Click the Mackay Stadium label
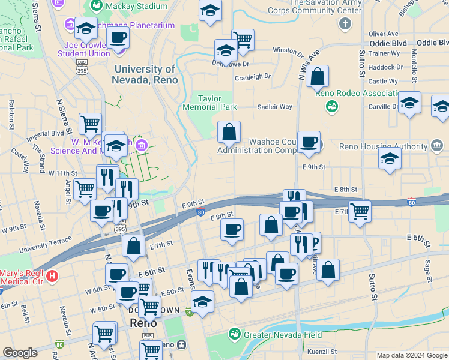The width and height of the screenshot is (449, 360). pos(136,7)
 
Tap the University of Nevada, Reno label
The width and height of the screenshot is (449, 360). pos(145,74)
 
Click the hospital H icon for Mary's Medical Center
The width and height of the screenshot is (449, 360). pos(52,276)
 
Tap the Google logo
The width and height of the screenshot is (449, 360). pos(20,353)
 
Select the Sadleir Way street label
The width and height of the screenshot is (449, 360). pos(274,107)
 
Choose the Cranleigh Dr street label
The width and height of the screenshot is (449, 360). pos(253,77)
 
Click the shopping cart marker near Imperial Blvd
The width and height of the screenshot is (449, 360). pos(90,124)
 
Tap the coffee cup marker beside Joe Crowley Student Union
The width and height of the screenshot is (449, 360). pos(118,37)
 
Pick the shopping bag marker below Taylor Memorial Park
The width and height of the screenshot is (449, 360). pos(229,131)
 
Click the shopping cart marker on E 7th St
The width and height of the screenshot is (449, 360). pos(360,211)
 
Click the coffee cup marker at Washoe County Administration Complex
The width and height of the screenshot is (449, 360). pos(309,142)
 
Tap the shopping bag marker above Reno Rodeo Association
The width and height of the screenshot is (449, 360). pos(318,76)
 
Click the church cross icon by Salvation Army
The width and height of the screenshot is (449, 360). pos(345,23)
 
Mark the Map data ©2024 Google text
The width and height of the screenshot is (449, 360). pos(412,355)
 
